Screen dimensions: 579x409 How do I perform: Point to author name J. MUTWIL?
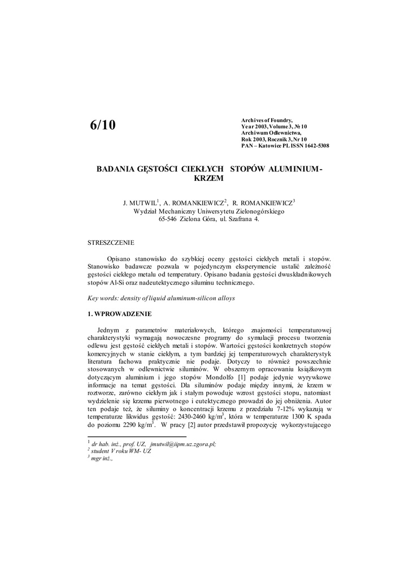[139, 202]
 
